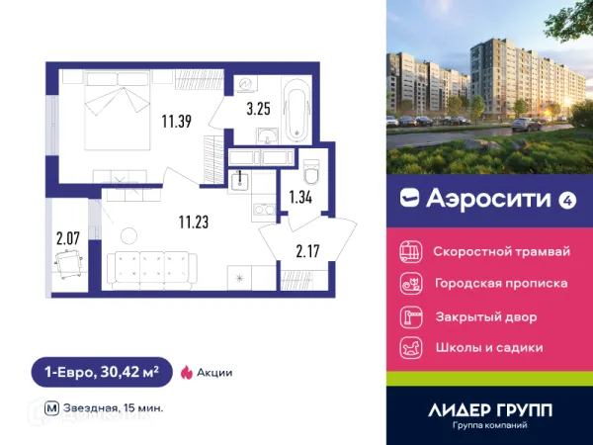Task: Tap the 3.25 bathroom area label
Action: pos(259,109)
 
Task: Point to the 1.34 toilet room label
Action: pos(300,197)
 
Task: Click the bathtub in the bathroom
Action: pos(296,115)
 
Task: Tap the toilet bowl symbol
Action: pos(311,173)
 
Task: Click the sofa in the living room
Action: pos(155,266)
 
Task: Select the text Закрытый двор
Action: pos(485,316)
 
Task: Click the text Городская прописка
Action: pos(501,284)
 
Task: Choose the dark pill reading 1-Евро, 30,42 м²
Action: pos(101,372)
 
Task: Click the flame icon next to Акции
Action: pos(186,372)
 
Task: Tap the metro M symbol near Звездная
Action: pos(51,407)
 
